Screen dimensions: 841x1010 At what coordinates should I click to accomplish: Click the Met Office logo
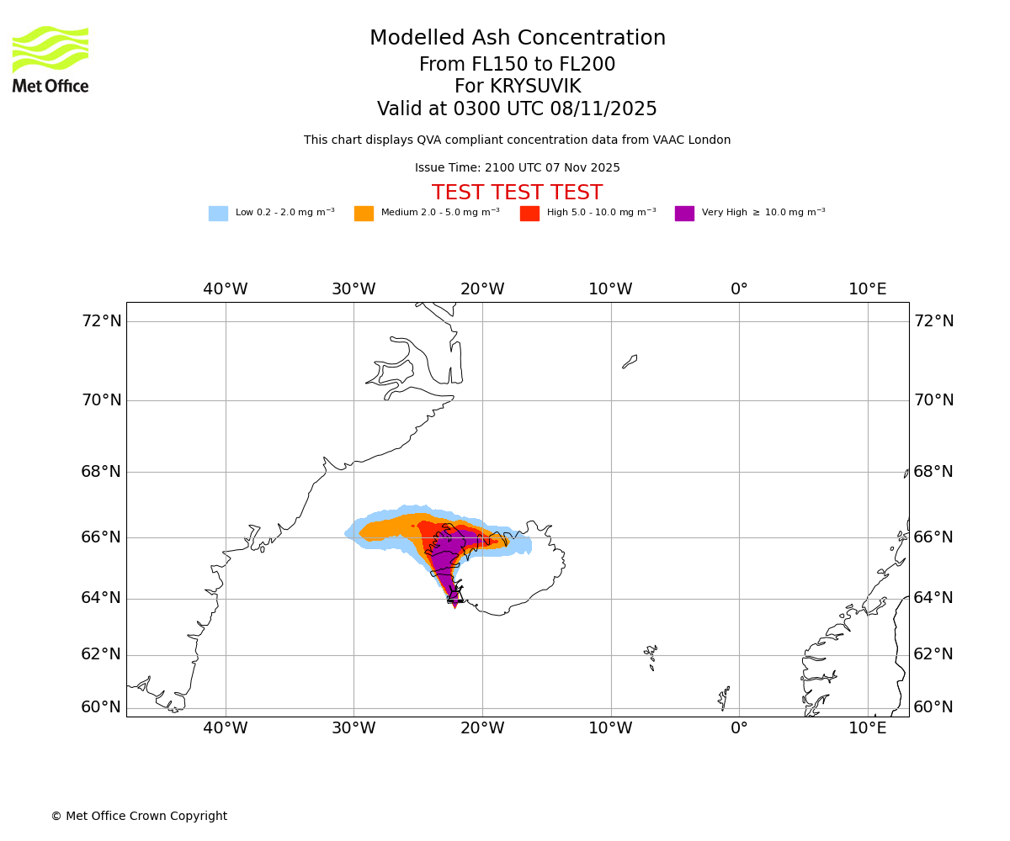[50, 59]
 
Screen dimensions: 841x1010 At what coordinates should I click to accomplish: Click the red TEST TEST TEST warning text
[517, 193]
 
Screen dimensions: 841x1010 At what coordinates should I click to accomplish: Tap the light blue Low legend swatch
[218, 214]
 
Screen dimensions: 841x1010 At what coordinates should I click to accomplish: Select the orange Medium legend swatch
[364, 214]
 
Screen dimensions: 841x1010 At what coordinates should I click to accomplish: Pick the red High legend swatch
[529, 214]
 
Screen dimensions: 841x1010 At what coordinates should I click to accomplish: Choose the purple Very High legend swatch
[684, 214]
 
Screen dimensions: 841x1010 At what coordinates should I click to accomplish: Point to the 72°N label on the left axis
[101, 321]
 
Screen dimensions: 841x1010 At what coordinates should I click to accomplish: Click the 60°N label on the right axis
[933, 707]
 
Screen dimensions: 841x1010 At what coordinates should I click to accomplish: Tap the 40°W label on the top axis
[226, 289]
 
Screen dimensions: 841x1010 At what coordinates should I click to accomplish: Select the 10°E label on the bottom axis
[868, 727]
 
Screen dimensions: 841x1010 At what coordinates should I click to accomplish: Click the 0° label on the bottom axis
[739, 727]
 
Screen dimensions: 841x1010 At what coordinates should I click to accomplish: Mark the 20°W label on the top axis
[482, 289]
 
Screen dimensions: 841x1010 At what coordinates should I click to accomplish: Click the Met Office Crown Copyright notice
[139, 817]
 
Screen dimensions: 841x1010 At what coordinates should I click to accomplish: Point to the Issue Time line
[517, 168]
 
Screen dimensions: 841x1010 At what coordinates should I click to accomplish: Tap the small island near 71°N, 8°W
[630, 362]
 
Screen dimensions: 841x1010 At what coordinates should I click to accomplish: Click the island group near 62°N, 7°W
[651, 654]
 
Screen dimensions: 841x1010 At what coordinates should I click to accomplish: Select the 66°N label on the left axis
[101, 537]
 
